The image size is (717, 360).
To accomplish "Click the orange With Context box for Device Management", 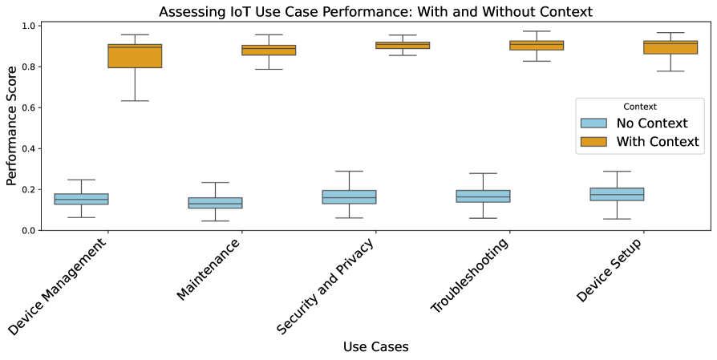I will click(x=135, y=56).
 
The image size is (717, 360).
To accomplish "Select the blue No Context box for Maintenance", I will click(x=215, y=203).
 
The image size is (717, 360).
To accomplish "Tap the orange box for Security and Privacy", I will click(x=403, y=46).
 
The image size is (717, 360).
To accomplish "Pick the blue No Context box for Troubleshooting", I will click(x=483, y=196).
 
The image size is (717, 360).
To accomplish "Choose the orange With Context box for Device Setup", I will click(x=670, y=47).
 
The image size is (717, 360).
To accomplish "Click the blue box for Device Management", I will click(x=81, y=199).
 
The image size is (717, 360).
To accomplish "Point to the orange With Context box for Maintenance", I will click(x=269, y=50).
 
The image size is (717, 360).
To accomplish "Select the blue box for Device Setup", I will click(x=617, y=194).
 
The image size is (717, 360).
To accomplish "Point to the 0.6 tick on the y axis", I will click(x=28, y=107).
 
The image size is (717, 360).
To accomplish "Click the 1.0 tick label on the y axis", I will click(x=28, y=26).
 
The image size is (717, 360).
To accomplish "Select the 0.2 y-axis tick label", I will click(x=28, y=190).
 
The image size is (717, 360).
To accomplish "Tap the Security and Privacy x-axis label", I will click(x=325, y=286).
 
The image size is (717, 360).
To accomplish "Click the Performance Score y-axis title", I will click(x=12, y=128).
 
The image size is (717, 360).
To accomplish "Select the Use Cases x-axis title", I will click(x=375, y=347).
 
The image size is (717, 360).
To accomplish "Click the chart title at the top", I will click(x=375, y=11).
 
